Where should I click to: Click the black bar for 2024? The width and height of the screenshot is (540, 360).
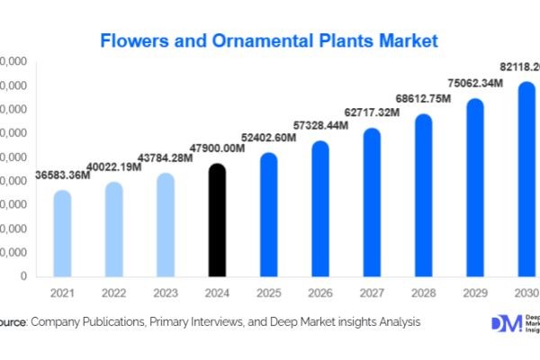217,220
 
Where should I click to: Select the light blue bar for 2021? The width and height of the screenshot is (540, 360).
61,234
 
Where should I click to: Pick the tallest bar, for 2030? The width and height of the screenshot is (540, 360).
526,180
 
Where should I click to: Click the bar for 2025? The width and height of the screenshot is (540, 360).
268,215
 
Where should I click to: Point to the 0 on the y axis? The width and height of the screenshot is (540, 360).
22,277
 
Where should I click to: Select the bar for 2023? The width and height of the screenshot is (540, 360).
165,225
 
